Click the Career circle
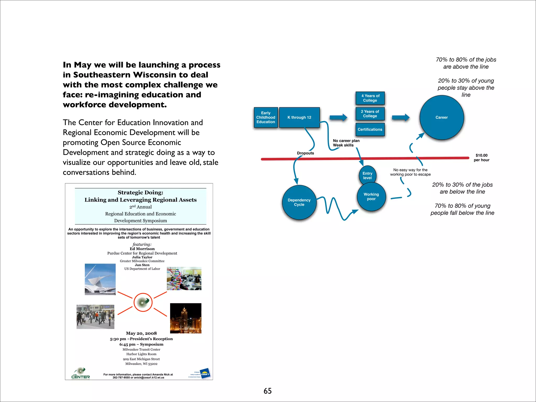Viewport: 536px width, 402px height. pos(442,117)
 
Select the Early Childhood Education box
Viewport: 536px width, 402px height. pos(266,118)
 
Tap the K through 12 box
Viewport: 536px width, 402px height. pos(299,118)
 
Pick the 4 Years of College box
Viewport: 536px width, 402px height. pos(370,98)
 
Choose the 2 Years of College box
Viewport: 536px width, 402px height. pos(370,114)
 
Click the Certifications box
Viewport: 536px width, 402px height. pos(370,130)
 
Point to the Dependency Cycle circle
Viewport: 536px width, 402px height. pos(299,202)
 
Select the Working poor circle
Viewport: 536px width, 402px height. pos(371,197)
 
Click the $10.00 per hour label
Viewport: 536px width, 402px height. pos(482,158)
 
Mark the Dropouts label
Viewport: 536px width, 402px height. pos(305,153)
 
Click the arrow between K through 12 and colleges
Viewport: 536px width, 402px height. pos(338,117)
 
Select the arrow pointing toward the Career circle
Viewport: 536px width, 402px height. pos(401,118)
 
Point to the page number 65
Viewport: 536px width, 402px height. pos(267,391)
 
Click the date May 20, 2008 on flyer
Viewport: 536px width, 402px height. pos(141,333)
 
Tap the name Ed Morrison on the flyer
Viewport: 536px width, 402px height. pos(142,249)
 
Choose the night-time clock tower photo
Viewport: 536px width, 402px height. pos(186,318)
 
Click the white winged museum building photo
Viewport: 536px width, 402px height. pos(100,279)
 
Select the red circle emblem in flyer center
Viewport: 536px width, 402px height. pos(143,302)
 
